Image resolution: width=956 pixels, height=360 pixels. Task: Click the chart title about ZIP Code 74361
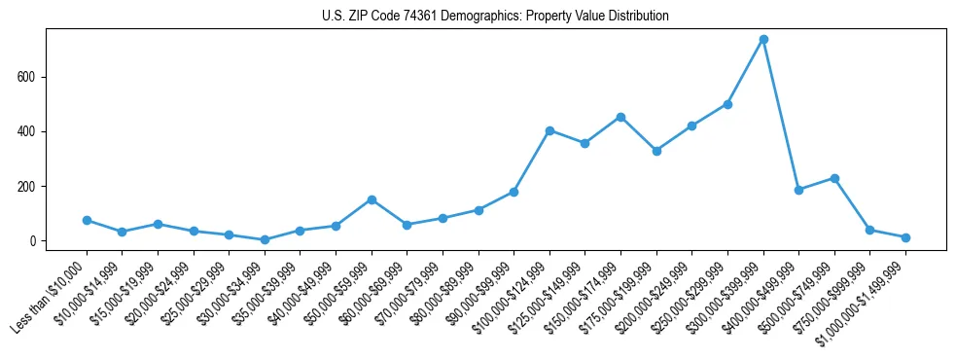[495, 17]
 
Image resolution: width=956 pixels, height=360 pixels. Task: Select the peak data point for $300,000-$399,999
[763, 40]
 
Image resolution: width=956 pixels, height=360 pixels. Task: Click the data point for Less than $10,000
[87, 221]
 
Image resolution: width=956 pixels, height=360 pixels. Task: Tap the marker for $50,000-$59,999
[372, 199]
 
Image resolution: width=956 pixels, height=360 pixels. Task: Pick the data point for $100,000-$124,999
[549, 130]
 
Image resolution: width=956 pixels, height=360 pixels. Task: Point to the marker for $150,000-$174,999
[620, 117]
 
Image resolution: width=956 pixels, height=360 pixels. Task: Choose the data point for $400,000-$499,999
[798, 190]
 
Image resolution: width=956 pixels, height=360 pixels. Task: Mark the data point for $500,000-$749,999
[834, 178]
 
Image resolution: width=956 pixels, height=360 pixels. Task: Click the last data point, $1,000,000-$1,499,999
[905, 237]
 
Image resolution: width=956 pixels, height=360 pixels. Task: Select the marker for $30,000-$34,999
[265, 239]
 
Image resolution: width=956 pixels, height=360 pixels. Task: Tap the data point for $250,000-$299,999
[727, 104]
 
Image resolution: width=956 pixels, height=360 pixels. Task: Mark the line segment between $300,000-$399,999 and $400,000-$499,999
[781, 115]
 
